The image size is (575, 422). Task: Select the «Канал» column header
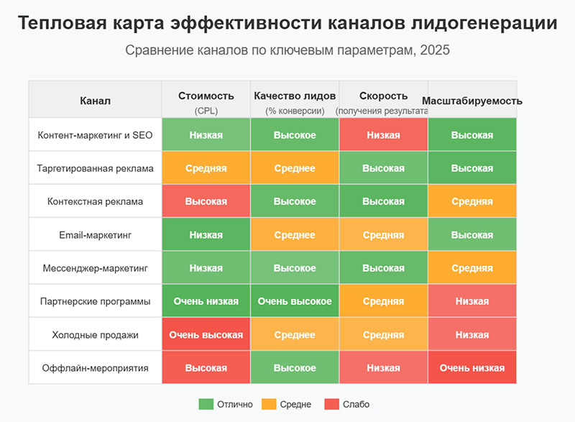[x=96, y=101]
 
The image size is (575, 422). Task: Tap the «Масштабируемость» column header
[x=472, y=101]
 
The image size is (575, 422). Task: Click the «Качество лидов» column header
[x=295, y=96]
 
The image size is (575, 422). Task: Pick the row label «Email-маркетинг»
[x=96, y=235]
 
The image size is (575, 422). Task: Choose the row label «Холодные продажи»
[x=96, y=334]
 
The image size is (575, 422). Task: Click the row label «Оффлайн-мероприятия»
[x=96, y=367]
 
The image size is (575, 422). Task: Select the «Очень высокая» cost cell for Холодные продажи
[x=206, y=334]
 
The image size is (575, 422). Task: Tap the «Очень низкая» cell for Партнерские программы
[x=206, y=301]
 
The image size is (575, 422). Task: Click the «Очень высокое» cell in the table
[x=295, y=301]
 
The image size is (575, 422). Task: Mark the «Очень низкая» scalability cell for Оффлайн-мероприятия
[x=472, y=367]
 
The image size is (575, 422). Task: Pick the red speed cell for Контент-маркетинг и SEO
[x=383, y=135]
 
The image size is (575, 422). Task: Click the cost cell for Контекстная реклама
[x=206, y=201]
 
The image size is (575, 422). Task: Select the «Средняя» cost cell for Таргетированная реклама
[x=206, y=168]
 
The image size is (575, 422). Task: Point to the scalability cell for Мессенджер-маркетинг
[x=472, y=268]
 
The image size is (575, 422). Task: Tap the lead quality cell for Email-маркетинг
[x=295, y=235]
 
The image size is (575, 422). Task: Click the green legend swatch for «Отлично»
[x=206, y=404]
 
